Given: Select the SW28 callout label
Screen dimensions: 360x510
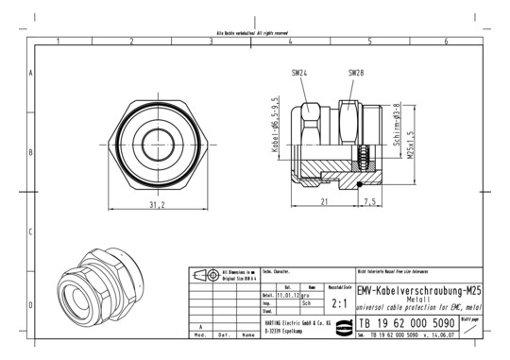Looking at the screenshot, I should [356, 73].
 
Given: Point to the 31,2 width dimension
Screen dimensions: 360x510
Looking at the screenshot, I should [159, 204].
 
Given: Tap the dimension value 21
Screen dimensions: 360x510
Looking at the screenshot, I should [324, 202].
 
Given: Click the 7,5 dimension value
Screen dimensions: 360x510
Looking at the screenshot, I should [369, 202].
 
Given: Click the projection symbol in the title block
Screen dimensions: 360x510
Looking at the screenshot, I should [203, 276].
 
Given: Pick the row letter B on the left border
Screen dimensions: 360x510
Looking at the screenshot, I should [31, 151].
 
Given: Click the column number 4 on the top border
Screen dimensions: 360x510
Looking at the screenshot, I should [290, 42].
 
